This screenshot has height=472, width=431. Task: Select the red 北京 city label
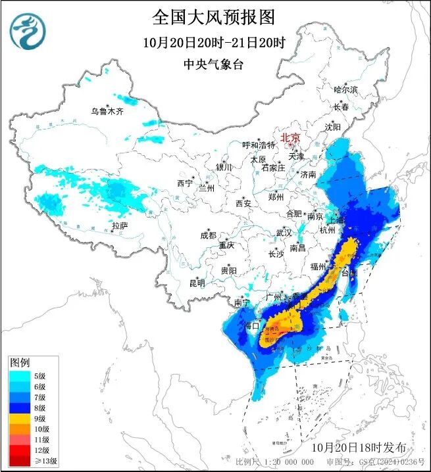tap(290, 137)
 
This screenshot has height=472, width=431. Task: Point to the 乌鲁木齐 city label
tap(107, 111)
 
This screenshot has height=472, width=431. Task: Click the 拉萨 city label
tap(119, 225)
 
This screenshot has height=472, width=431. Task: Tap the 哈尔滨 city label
tap(345, 89)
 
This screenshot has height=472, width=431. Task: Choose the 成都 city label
tap(208, 235)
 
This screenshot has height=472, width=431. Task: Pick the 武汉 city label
tap(284, 233)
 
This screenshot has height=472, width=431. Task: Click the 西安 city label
tap(243, 204)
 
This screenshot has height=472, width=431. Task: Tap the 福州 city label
tap(318, 266)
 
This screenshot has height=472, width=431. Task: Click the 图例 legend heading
tap(18, 363)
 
